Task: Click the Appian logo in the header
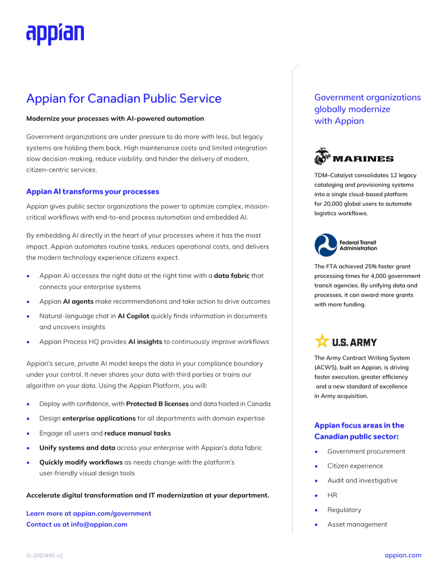(x=55, y=34)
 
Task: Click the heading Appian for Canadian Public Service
(x=124, y=99)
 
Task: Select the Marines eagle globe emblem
(x=323, y=157)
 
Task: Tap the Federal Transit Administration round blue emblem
(x=326, y=245)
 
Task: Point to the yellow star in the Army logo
(x=322, y=340)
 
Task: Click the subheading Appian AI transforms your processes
(x=93, y=192)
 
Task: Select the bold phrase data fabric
(x=232, y=276)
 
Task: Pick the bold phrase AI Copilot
(x=133, y=316)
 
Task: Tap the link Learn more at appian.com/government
(x=88, y=513)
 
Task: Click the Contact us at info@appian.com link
(x=77, y=524)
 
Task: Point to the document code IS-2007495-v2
(x=44, y=556)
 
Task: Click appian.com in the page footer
(x=403, y=555)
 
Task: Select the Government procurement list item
(x=366, y=451)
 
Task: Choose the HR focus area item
(x=332, y=495)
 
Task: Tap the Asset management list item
(x=357, y=524)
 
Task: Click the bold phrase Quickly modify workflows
(x=81, y=462)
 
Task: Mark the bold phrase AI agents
(x=77, y=301)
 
